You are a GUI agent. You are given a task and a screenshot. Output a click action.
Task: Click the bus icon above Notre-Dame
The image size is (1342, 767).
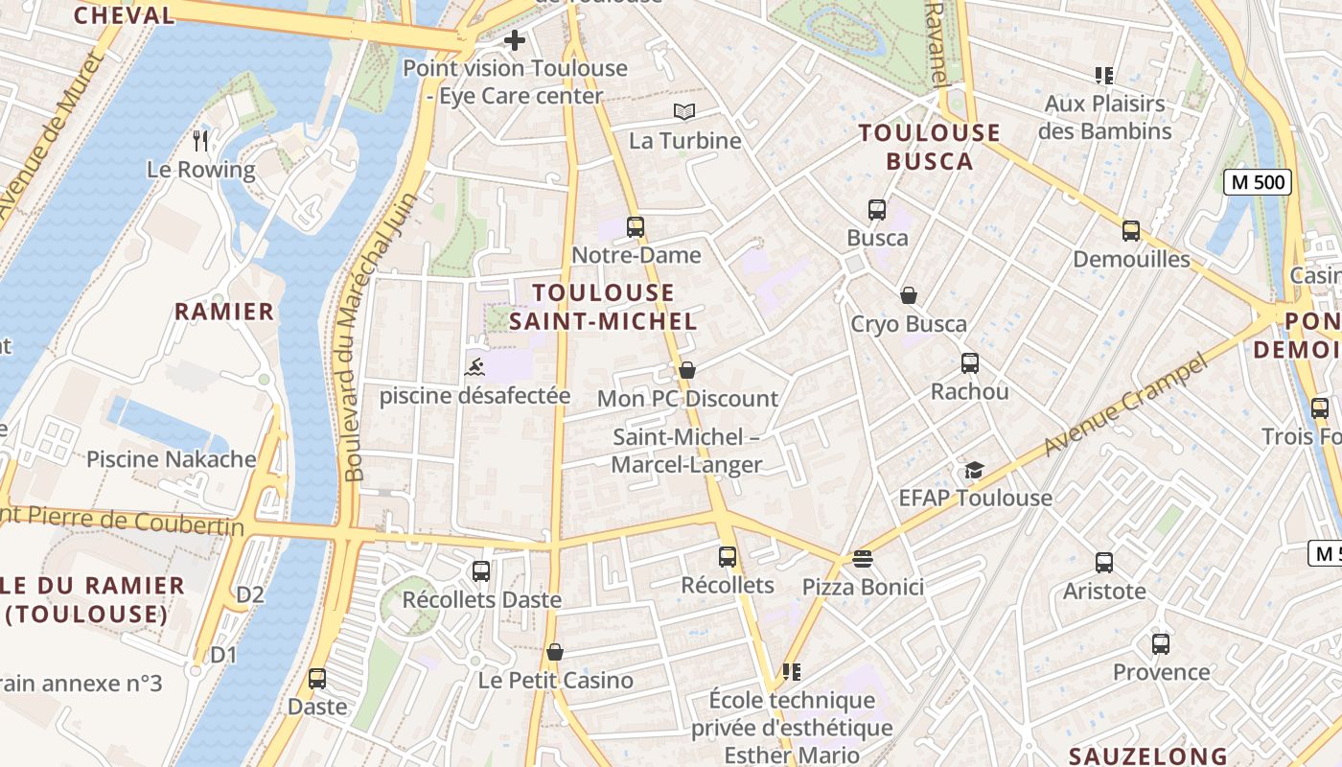tap(635, 227)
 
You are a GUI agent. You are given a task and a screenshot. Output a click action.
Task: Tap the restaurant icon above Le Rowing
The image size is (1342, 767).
tap(200, 141)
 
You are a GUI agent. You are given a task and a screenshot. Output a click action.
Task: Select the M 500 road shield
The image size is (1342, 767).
tap(1258, 182)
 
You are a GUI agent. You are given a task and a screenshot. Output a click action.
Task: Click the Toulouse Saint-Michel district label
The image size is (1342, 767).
tap(603, 307)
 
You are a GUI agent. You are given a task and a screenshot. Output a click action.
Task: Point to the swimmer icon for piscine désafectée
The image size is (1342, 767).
tap(474, 366)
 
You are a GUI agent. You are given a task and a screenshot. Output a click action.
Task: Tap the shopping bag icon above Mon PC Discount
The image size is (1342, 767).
tap(686, 370)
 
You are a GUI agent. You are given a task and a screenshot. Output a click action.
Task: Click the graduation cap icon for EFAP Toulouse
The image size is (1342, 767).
tap(974, 470)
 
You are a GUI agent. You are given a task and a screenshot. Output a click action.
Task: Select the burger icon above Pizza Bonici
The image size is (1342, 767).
tap(863, 558)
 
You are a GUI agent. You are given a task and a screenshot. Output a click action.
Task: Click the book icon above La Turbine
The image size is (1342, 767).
tap(683, 112)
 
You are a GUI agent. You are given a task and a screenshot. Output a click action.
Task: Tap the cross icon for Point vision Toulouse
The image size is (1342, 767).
tap(515, 40)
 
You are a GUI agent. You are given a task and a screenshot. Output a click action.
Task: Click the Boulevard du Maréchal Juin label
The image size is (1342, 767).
tap(380, 336)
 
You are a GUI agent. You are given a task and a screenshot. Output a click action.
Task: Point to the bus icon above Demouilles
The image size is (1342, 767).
tap(1131, 230)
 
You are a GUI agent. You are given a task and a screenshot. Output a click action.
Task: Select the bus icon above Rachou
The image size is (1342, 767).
tap(969, 363)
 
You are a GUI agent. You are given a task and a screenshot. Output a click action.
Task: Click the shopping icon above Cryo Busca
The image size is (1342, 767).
tap(908, 295)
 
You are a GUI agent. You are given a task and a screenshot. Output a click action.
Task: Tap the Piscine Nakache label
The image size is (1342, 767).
tap(172, 459)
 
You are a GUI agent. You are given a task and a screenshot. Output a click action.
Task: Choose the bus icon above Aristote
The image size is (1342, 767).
tap(1104, 563)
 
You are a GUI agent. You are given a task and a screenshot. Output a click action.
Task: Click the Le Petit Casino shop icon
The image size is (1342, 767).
tap(554, 652)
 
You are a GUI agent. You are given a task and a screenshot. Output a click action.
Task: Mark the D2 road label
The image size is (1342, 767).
tap(250, 594)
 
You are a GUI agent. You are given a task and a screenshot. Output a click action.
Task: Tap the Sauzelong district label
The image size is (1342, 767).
tap(1147, 756)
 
